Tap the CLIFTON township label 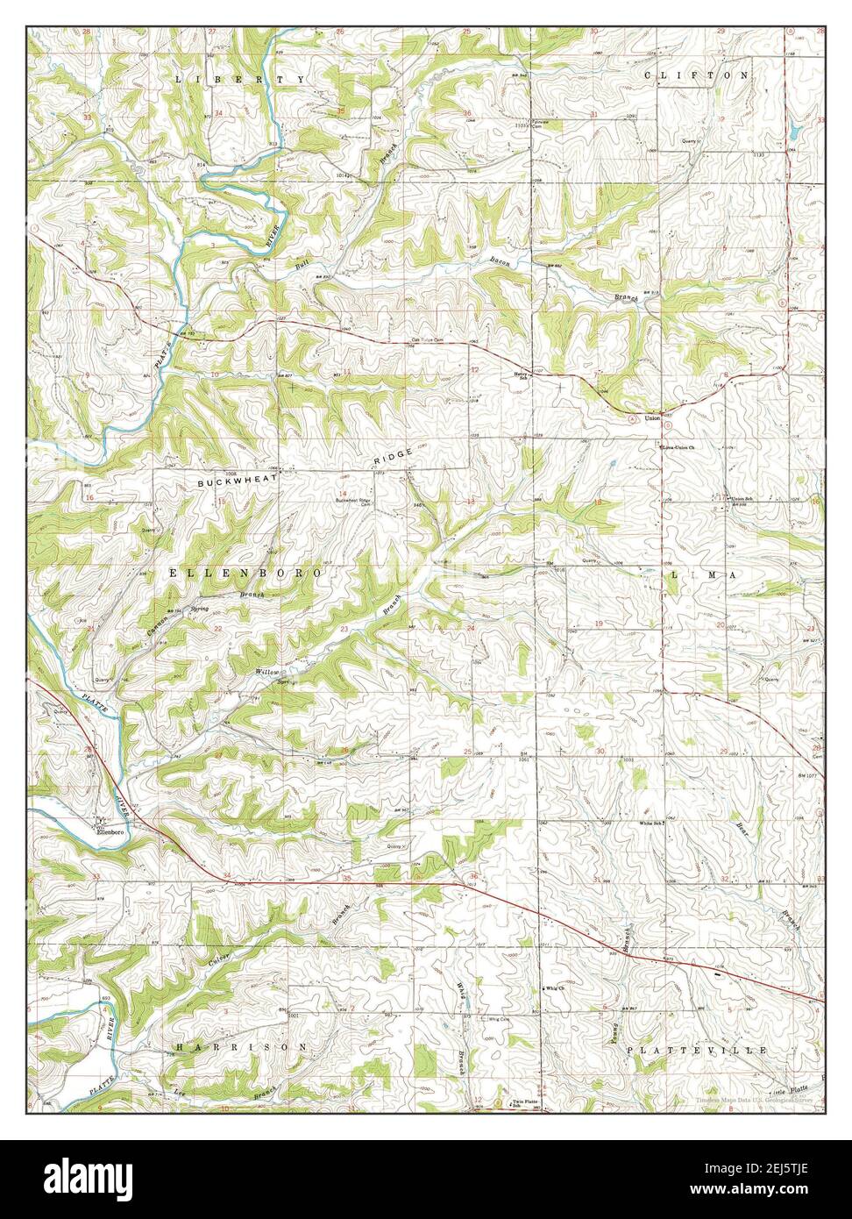[697, 75]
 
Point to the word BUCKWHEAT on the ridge [236, 481]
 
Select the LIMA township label [705, 574]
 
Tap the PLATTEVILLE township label [697, 1050]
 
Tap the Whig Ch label [552, 988]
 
